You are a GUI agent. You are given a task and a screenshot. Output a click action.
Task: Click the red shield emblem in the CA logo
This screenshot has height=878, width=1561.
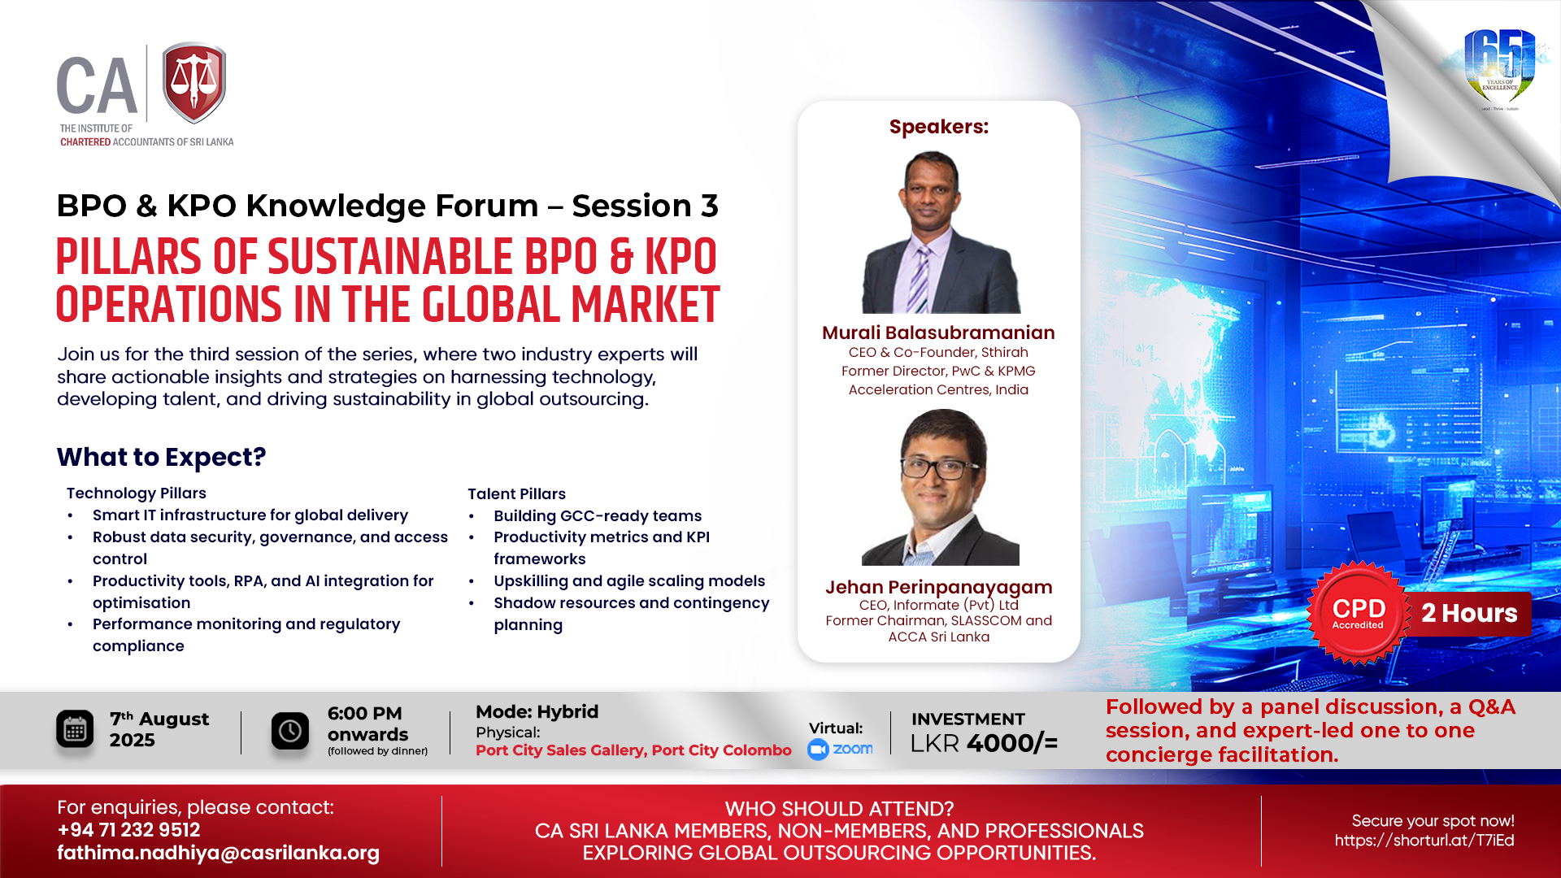tap(194, 83)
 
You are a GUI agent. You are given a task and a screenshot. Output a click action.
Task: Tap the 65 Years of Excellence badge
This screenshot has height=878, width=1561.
tap(1499, 69)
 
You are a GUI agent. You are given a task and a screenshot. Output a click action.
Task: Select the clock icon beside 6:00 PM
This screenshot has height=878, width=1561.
tap(290, 731)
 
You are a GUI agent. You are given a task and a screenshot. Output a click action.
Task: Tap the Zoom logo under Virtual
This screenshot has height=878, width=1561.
tap(840, 749)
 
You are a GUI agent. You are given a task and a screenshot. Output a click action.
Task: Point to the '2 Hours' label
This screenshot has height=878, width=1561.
tap(1469, 613)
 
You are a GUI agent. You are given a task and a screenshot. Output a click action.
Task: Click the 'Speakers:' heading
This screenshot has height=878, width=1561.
tap(939, 127)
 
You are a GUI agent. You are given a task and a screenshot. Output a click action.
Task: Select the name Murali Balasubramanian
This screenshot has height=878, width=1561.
tap(938, 333)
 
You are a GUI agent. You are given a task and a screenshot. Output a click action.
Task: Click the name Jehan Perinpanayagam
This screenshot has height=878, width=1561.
tap(939, 587)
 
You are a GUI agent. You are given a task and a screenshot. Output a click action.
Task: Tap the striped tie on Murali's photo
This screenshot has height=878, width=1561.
tap(920, 280)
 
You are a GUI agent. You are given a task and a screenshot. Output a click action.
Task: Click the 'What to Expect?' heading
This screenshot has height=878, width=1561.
tap(161, 457)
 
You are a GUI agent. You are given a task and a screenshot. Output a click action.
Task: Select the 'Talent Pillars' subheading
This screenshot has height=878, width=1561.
tap(516, 493)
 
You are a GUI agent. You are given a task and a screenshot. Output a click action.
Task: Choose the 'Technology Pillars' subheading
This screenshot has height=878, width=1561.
tap(137, 493)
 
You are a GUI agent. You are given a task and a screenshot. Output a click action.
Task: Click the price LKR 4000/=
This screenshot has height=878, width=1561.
tap(984, 743)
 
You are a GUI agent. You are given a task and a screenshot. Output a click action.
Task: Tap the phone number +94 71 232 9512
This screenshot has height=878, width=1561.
tap(128, 830)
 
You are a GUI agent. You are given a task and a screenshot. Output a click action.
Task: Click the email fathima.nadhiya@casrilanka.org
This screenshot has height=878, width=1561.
tap(218, 853)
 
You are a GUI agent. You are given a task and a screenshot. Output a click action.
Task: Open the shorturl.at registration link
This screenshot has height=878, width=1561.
tap(1424, 841)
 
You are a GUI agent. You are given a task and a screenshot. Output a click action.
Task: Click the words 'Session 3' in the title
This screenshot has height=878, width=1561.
tap(645, 206)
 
